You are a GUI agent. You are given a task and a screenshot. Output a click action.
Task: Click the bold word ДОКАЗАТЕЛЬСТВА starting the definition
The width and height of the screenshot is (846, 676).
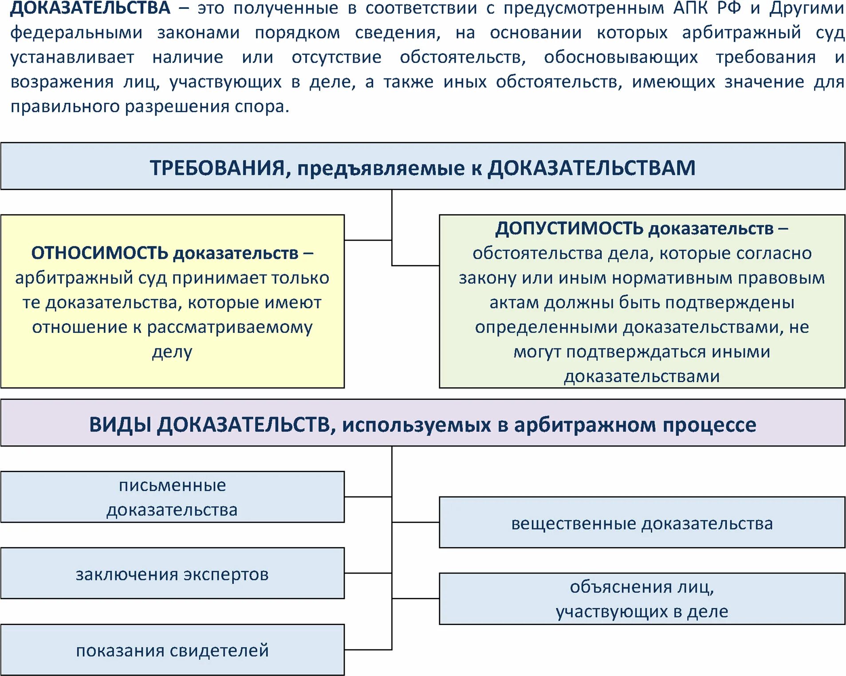[90, 8]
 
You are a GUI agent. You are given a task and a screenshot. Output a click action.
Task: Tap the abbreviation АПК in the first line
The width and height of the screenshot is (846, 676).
[691, 8]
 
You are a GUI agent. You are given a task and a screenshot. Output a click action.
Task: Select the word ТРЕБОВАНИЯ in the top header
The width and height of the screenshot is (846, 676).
[217, 168]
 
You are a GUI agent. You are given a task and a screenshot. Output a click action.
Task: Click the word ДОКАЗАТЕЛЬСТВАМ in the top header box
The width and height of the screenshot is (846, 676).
[592, 168]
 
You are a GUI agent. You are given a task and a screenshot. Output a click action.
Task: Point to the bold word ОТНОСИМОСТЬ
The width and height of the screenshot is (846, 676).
[99, 253]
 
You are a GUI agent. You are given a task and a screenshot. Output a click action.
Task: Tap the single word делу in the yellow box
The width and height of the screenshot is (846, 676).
[172, 352]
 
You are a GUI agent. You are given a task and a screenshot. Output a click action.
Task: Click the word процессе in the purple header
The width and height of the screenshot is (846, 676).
[709, 425]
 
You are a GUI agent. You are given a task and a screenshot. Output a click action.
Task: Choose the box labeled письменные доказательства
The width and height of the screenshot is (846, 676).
[172, 497]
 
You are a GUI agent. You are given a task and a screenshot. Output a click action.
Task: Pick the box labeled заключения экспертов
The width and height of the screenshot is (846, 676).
[172, 574]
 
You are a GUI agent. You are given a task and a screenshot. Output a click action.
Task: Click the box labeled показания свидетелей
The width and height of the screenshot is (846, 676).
[172, 650]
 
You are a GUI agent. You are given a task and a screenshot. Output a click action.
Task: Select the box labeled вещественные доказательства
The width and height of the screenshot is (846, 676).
[641, 523]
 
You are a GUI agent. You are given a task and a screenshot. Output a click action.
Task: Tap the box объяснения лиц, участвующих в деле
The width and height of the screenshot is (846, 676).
[641, 599]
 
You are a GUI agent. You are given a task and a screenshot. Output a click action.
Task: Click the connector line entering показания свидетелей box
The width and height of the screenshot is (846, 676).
[368, 650]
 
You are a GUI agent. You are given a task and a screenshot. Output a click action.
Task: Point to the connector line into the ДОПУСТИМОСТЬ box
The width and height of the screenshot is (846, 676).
[416, 266]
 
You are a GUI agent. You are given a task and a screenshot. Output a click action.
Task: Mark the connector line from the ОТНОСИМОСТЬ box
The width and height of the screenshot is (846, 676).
[368, 240]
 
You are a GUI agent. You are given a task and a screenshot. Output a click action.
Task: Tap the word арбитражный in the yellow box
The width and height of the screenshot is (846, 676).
[74, 278]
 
